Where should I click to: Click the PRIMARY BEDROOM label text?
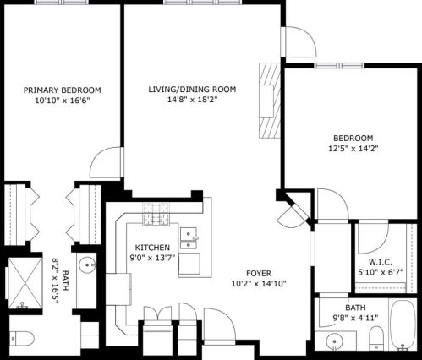(62, 90)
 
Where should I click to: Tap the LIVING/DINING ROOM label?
(192, 89)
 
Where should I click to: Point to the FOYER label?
(259, 273)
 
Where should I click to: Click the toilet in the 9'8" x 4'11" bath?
(374, 341)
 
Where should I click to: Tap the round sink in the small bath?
(337, 343)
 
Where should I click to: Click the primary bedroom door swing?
(107, 164)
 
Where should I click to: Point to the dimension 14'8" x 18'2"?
(192, 100)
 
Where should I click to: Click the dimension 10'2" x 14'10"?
(259, 284)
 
